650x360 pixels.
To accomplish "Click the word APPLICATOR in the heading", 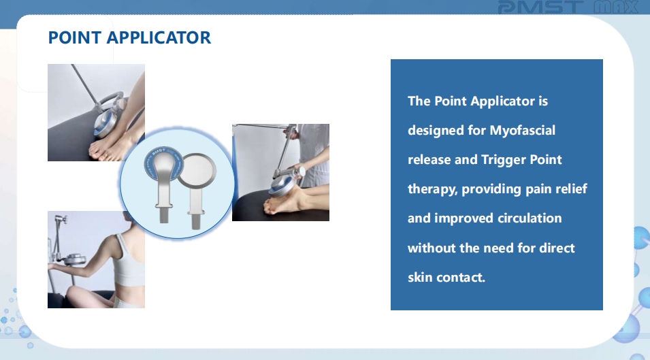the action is [x=159, y=37].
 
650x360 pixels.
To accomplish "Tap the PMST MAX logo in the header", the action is [x=568, y=7].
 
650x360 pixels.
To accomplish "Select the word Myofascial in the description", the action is [x=522, y=131].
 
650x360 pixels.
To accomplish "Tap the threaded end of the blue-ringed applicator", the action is [x=164, y=216].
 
